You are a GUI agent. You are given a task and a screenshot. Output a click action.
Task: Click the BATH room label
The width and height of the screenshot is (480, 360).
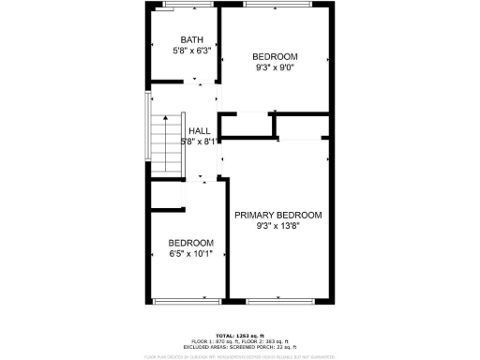click(191, 39)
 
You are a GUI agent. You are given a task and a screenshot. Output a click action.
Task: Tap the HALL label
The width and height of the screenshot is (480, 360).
click(199, 130)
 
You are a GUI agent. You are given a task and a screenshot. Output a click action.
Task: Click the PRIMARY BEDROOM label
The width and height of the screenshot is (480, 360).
click(277, 215)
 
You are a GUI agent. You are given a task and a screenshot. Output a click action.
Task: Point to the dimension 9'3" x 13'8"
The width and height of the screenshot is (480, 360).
click(277, 225)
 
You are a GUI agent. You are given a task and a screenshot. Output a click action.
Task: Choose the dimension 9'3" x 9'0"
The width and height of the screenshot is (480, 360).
click(275, 67)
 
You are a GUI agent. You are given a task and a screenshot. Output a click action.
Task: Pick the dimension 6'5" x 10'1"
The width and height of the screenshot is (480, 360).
click(190, 253)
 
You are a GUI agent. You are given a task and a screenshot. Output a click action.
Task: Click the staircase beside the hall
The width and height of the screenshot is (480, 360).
click(166, 145)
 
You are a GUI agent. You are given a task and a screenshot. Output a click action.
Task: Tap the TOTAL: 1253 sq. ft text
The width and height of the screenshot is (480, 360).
click(239, 335)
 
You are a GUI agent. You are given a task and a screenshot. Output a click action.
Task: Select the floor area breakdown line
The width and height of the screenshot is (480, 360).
click(239, 340)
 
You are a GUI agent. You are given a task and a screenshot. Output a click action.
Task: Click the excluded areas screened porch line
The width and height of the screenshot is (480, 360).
click(239, 346)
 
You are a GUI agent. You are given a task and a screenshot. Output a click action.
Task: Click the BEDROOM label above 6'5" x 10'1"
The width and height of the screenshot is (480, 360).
click(190, 243)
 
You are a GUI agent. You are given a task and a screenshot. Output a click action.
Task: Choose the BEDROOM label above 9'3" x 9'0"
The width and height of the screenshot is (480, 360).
click(275, 56)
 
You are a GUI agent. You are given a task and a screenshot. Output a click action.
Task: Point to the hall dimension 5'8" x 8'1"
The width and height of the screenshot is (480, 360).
click(199, 141)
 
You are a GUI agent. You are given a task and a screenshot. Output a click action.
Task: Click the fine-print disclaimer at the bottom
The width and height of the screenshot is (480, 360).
click(239, 356)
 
